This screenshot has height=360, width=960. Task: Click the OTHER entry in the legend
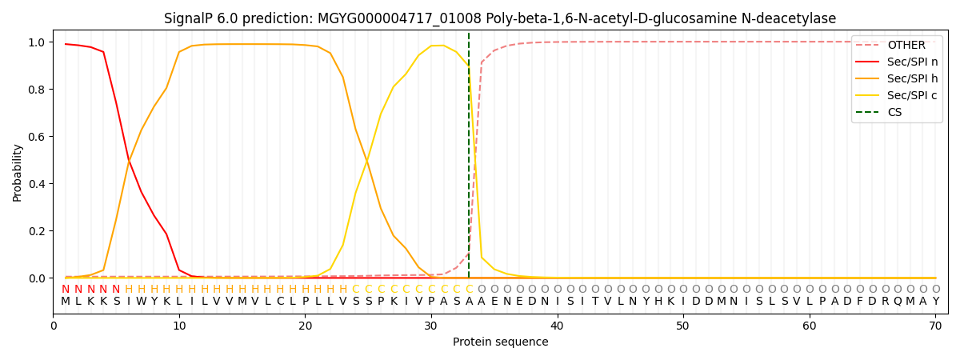point(906,45)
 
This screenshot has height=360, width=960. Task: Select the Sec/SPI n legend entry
point(912,62)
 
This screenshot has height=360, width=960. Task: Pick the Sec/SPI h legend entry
point(912,78)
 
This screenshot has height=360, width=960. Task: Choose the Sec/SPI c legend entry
point(912,95)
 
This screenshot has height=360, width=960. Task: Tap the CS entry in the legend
point(894,112)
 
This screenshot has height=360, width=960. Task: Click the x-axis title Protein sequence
point(500,342)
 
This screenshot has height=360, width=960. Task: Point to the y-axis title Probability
point(18,172)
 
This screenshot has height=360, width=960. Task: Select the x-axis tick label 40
point(557,325)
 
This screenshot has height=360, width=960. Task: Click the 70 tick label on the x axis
point(935,325)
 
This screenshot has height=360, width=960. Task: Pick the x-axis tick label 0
point(54,325)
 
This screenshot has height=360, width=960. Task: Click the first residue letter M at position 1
point(66,302)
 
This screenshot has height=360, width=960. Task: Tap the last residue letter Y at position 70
point(935,302)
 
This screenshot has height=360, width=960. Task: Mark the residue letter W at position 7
point(141,302)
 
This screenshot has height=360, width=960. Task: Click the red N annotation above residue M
point(66,290)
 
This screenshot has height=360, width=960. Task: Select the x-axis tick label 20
point(305,325)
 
